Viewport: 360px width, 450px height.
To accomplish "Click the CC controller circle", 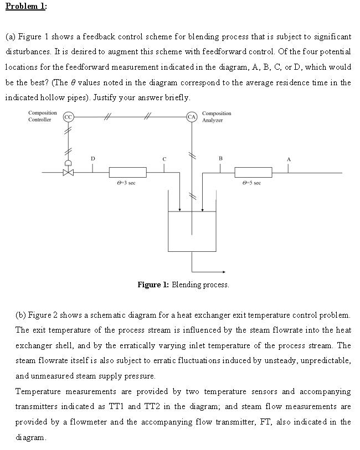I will [x=68, y=117].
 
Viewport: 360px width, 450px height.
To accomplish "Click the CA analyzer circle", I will [x=192, y=117].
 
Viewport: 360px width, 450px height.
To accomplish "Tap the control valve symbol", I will [x=68, y=172].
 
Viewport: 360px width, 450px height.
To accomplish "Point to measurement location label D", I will [x=92, y=159].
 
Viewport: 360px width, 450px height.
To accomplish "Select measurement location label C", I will [x=164, y=159].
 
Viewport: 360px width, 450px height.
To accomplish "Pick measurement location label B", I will [x=220, y=159].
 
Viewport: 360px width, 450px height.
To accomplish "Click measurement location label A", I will [x=288, y=159].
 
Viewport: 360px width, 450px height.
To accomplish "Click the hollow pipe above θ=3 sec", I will [x=127, y=172].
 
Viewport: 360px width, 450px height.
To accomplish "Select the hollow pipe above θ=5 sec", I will [x=253, y=172].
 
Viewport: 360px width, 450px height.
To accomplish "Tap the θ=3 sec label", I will [x=127, y=183].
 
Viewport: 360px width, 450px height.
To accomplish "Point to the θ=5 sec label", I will [x=253, y=183].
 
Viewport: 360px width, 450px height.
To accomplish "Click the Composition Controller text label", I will [x=42, y=116].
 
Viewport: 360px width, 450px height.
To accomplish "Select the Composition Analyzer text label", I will [x=217, y=116].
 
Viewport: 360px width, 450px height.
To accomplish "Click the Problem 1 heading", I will [x=26, y=6].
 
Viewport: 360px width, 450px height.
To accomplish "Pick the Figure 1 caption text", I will [x=183, y=285].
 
